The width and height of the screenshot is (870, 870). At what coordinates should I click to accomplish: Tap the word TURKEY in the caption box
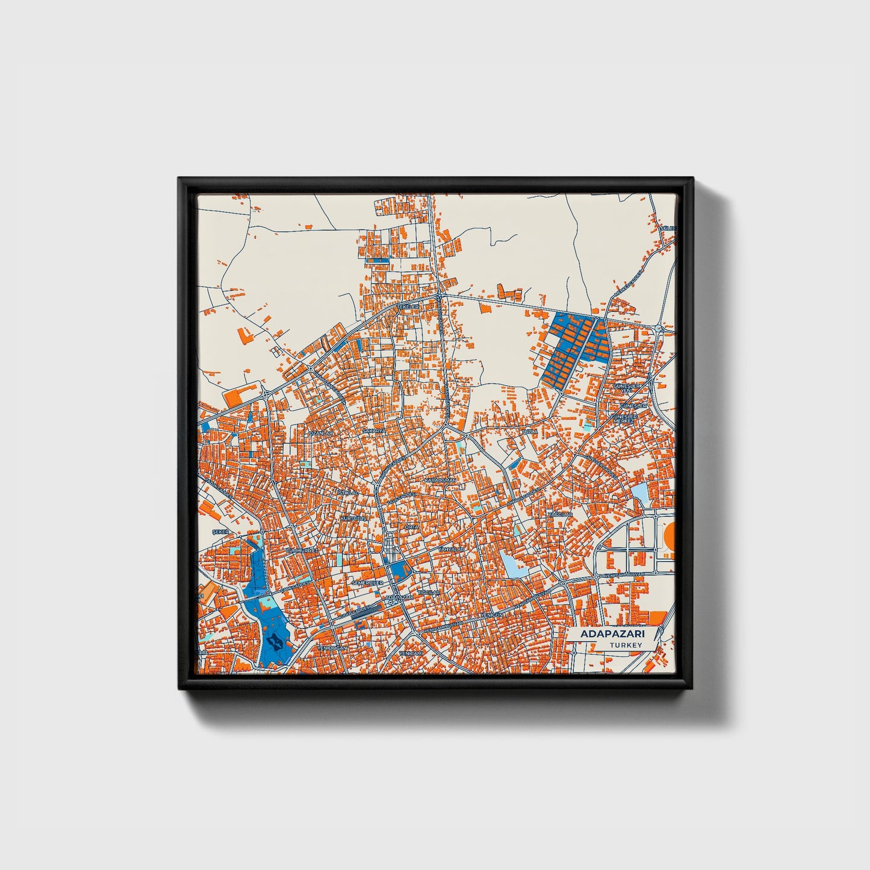[x=626, y=645]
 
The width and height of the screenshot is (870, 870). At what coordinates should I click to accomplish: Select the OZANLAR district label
[x=320, y=433]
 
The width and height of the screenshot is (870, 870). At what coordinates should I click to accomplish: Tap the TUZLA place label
[x=530, y=432]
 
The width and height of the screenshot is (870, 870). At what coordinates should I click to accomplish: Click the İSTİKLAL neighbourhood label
[x=347, y=492]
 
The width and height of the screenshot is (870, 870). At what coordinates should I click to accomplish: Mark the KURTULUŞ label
[x=353, y=518]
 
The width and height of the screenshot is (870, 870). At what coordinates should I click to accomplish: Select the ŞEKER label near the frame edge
[x=221, y=532]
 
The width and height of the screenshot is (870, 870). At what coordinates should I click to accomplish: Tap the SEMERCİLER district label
[x=367, y=583]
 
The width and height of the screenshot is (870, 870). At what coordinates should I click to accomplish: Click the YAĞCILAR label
[x=559, y=515]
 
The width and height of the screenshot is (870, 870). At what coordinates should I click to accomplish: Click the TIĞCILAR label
[x=430, y=592]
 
